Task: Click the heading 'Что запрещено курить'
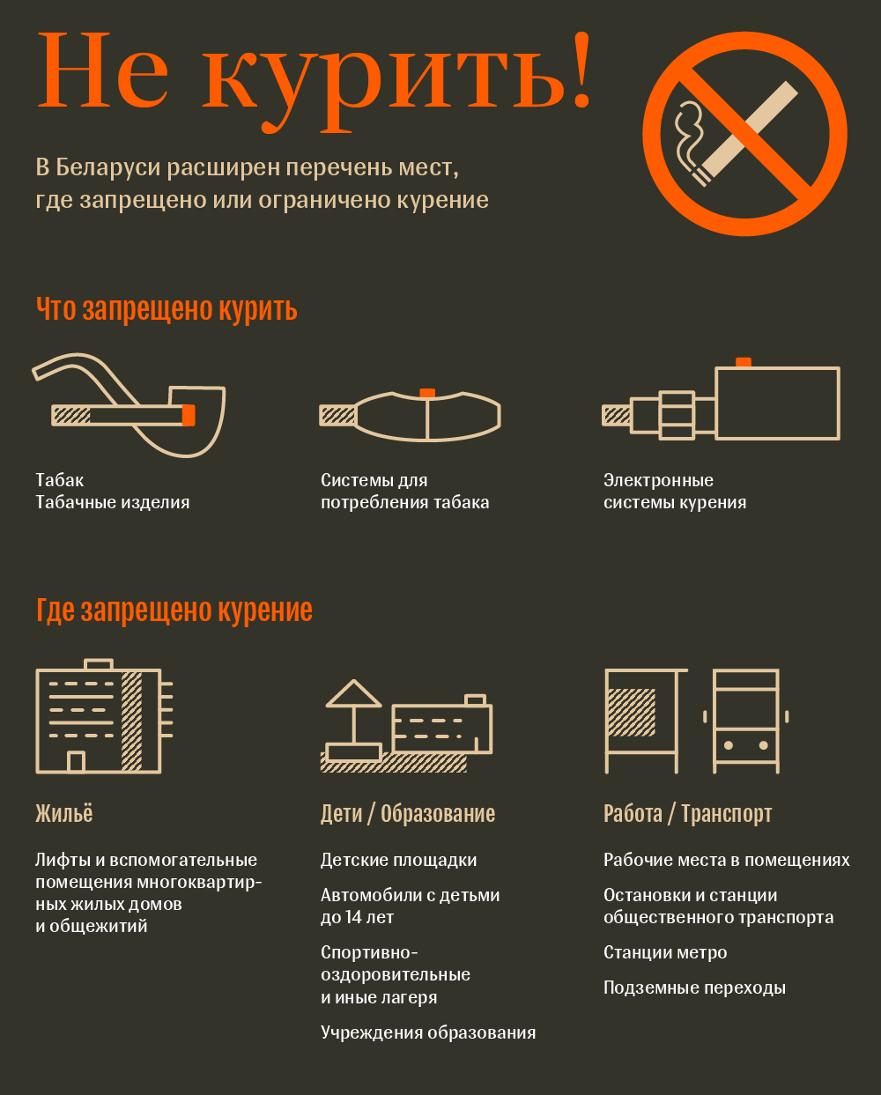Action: click(167, 310)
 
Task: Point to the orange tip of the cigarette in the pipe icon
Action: click(189, 415)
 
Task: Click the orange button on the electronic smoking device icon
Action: click(743, 362)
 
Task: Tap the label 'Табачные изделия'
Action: click(113, 503)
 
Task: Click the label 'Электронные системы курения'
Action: click(675, 492)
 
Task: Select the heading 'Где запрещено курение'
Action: click(174, 610)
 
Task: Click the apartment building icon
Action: click(104, 716)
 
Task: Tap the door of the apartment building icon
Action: click(76, 762)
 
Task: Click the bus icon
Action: click(745, 721)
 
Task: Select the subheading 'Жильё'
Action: click(64, 814)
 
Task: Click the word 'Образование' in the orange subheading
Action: click(438, 814)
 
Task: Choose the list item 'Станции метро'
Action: click(665, 952)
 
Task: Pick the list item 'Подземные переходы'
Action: click(695, 988)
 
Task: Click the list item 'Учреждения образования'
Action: click(428, 1032)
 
